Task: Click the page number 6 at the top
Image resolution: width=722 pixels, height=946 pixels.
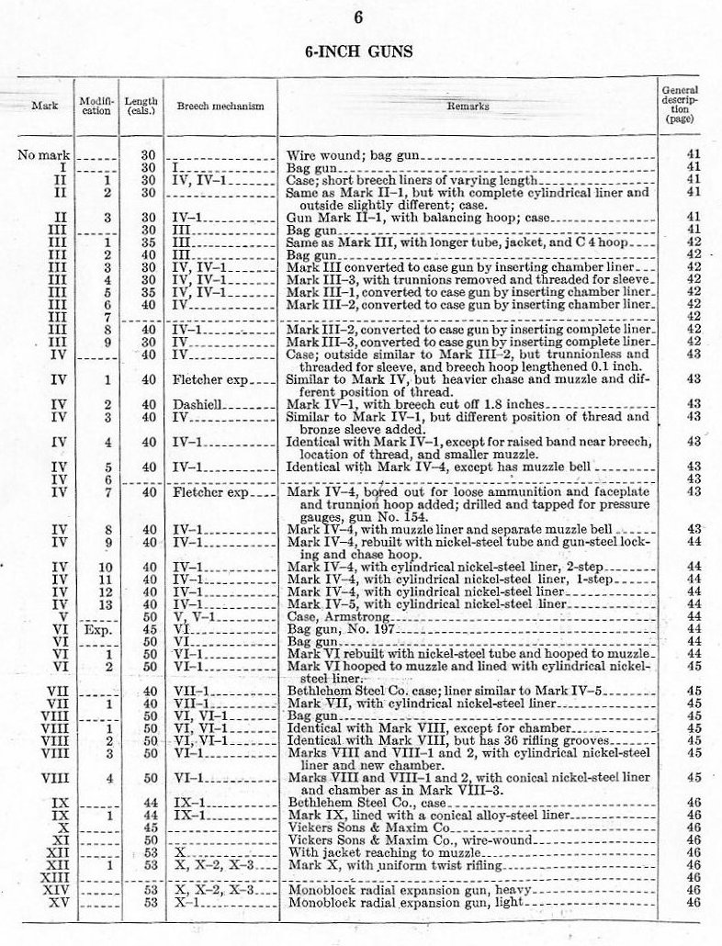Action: [x=359, y=17]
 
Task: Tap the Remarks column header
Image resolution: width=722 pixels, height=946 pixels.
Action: [x=468, y=107]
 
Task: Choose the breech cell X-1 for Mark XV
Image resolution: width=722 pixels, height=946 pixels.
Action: [x=188, y=902]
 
